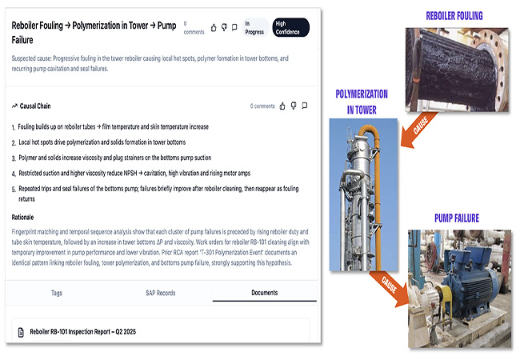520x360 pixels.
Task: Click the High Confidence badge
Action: point(291,27)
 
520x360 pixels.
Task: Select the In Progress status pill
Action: point(254,27)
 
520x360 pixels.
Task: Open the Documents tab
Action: point(264,293)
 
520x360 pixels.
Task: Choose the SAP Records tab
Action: point(161,293)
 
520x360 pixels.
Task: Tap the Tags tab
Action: point(57,293)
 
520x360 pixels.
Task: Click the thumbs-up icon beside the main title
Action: point(214,27)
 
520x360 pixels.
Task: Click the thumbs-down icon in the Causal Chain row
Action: point(294,106)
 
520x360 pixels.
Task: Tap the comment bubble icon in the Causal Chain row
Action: point(305,106)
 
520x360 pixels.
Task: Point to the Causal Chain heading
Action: point(31,106)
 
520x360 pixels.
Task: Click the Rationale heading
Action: point(22,218)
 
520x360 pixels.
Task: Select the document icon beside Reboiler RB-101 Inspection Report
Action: point(21,332)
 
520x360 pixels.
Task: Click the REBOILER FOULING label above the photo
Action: point(454,15)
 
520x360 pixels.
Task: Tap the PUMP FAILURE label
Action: point(457,218)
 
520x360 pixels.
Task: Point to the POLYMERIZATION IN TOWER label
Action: point(362,102)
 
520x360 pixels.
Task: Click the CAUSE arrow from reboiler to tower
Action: point(418,130)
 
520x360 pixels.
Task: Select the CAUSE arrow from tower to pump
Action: point(389,287)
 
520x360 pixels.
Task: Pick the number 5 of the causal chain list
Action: point(14,190)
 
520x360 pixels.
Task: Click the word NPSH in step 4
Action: point(130,173)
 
